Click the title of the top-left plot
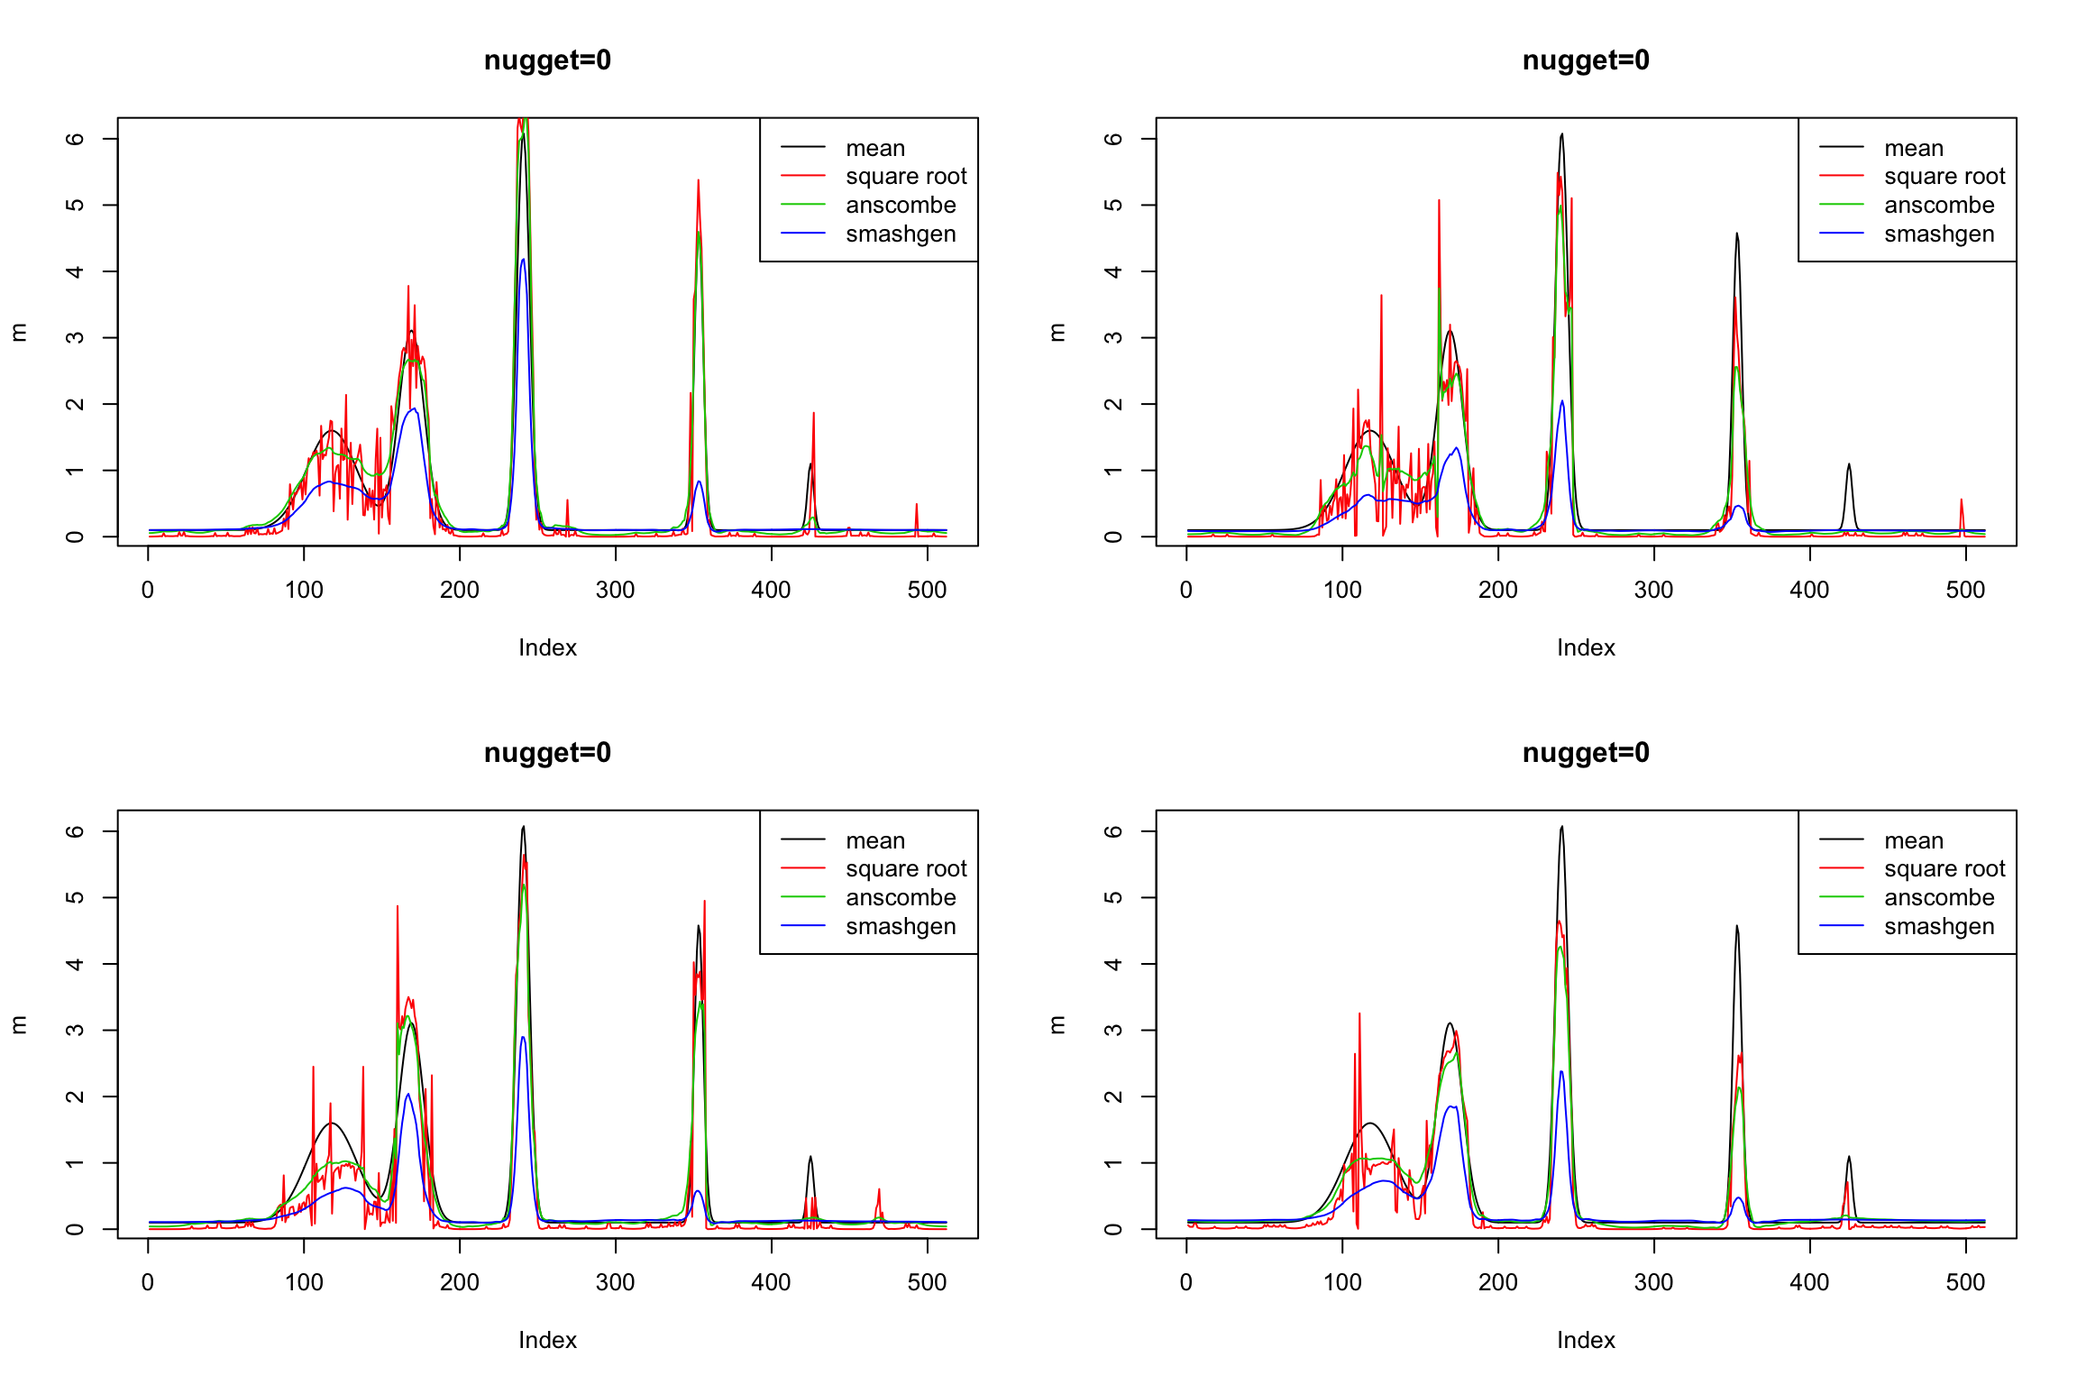(x=547, y=60)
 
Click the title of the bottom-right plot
(x=1586, y=753)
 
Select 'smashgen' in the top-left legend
(x=901, y=234)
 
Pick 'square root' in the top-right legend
(x=1944, y=177)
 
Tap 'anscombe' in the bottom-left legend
(x=901, y=898)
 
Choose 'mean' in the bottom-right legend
(x=1913, y=840)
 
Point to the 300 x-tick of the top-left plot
(x=616, y=591)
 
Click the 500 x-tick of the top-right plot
(x=1965, y=591)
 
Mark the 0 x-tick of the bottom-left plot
(x=148, y=1283)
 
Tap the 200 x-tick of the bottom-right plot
(x=1498, y=1283)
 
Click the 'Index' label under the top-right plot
(x=1586, y=648)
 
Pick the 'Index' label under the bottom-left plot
(x=547, y=1341)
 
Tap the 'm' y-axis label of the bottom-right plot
(x=1058, y=1024)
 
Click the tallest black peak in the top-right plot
(x=1561, y=134)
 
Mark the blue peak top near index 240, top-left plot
(x=523, y=260)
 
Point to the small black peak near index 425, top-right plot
(x=1849, y=464)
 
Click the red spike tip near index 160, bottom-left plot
(x=398, y=906)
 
